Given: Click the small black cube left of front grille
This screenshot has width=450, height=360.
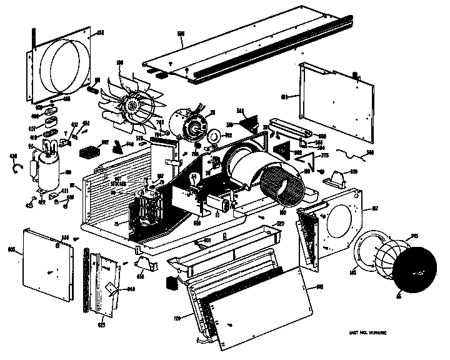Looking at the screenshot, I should click(171, 283).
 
